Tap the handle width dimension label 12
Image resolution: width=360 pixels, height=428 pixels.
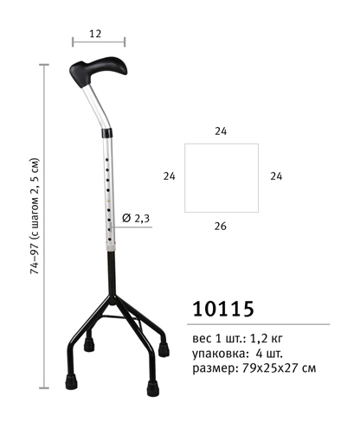point(95,34)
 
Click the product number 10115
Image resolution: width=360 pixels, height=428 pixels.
point(223,309)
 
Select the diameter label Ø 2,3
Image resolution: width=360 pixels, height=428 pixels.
point(136,218)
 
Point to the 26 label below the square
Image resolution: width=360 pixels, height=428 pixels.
point(221,227)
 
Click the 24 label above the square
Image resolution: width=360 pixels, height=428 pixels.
point(221,131)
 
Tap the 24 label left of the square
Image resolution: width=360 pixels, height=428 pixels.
point(170,176)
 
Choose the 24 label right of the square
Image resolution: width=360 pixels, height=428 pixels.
point(276,176)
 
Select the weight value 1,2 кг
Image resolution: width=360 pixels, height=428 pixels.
point(266,338)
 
